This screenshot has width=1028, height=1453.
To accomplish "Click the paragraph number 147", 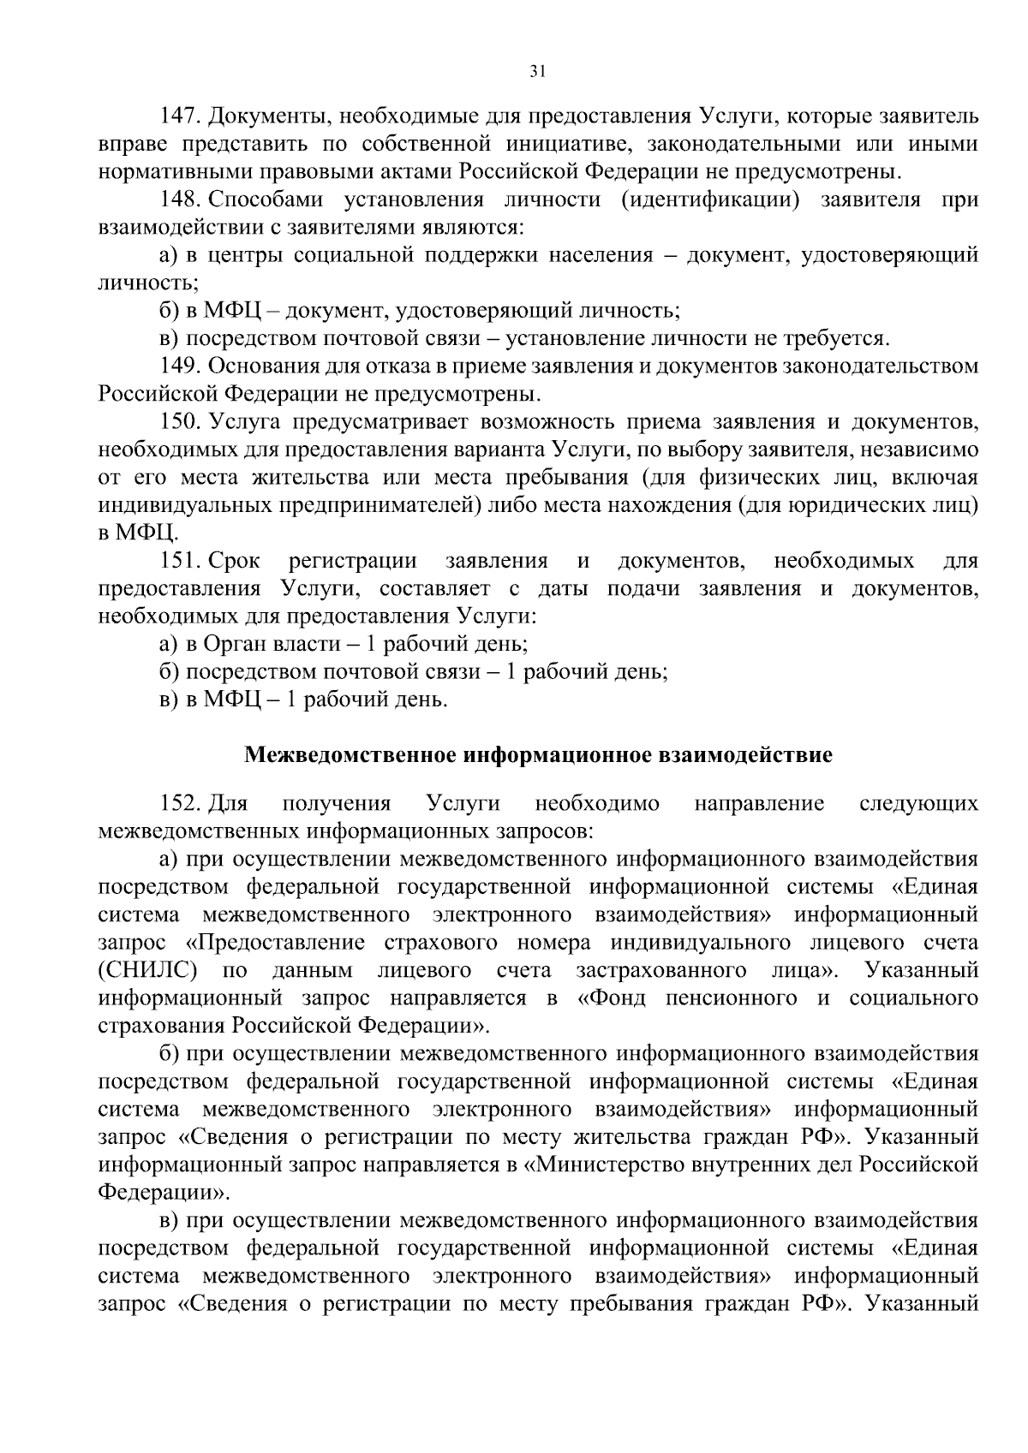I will (x=182, y=116).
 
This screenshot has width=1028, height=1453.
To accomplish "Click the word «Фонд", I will (x=614, y=997).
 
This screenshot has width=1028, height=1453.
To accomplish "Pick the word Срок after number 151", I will (x=234, y=561).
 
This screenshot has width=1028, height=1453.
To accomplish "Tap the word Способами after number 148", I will (x=265, y=200).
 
